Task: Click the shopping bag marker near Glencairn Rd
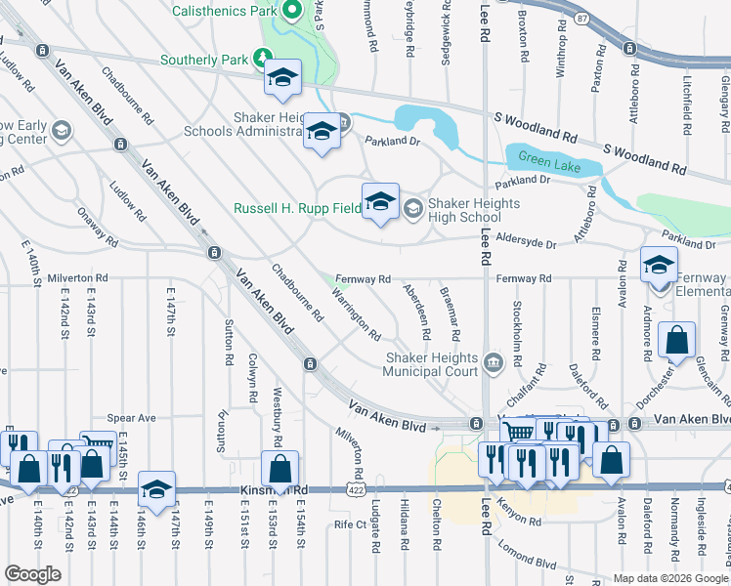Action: click(676, 342)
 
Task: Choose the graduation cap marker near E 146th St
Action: click(156, 491)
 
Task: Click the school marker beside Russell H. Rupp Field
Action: click(381, 202)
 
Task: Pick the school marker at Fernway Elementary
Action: click(659, 264)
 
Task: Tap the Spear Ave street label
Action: click(131, 418)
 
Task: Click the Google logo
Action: click(33, 574)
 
